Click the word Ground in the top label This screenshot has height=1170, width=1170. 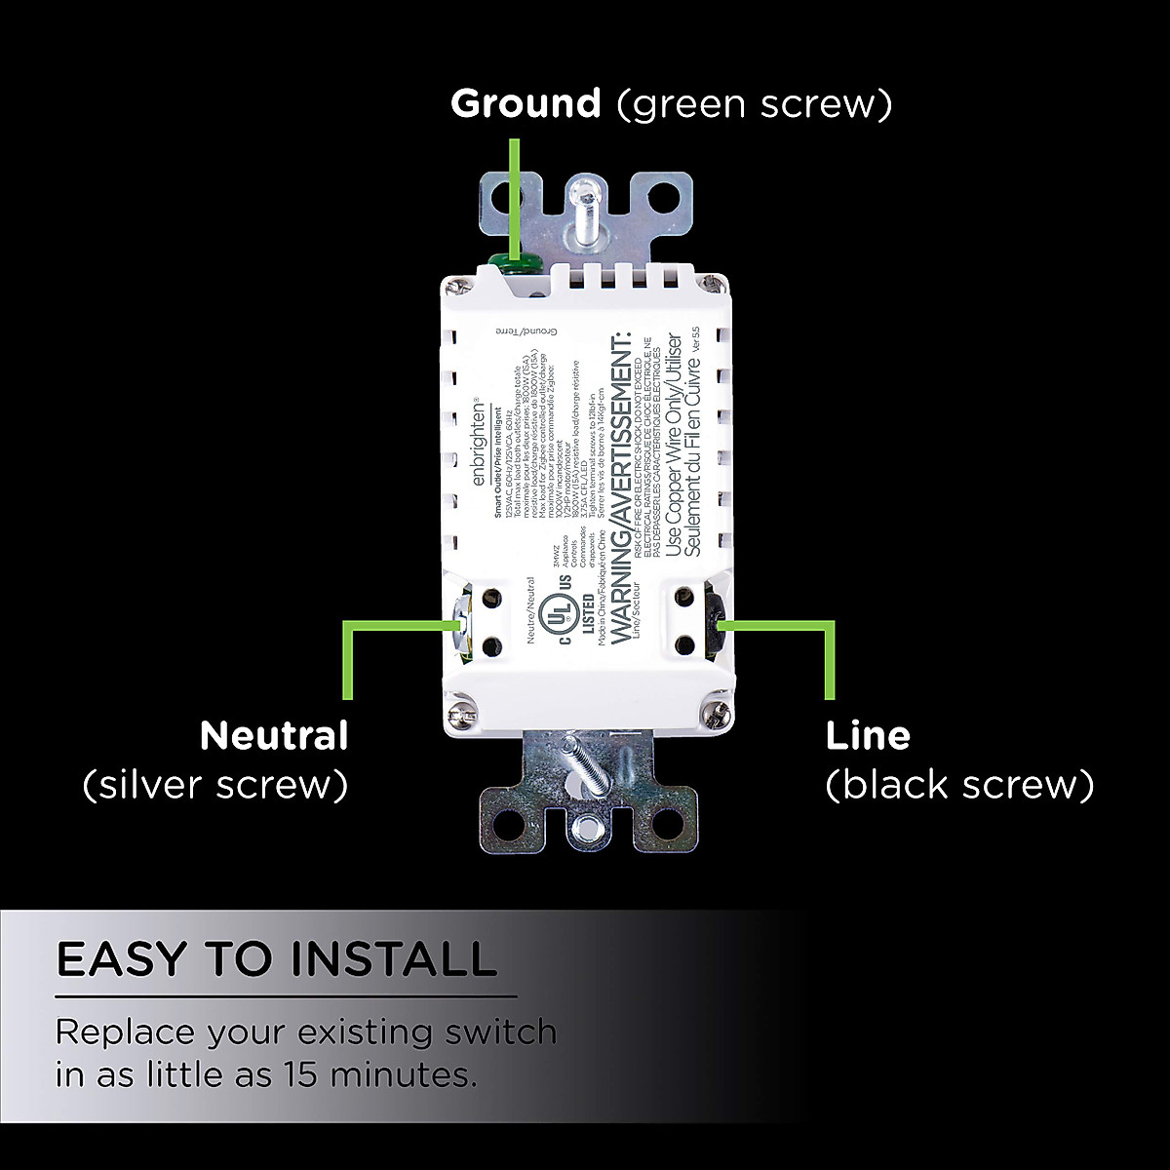(x=526, y=104)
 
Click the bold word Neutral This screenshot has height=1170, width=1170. (x=274, y=736)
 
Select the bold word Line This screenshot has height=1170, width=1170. (x=868, y=736)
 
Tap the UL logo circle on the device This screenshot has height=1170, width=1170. (x=559, y=613)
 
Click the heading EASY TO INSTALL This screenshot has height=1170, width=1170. (x=277, y=959)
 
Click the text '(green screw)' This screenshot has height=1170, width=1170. (x=754, y=104)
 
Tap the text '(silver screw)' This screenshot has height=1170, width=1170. (x=215, y=785)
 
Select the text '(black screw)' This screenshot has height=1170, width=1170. (x=959, y=785)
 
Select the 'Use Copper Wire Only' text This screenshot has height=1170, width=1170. (x=673, y=448)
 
